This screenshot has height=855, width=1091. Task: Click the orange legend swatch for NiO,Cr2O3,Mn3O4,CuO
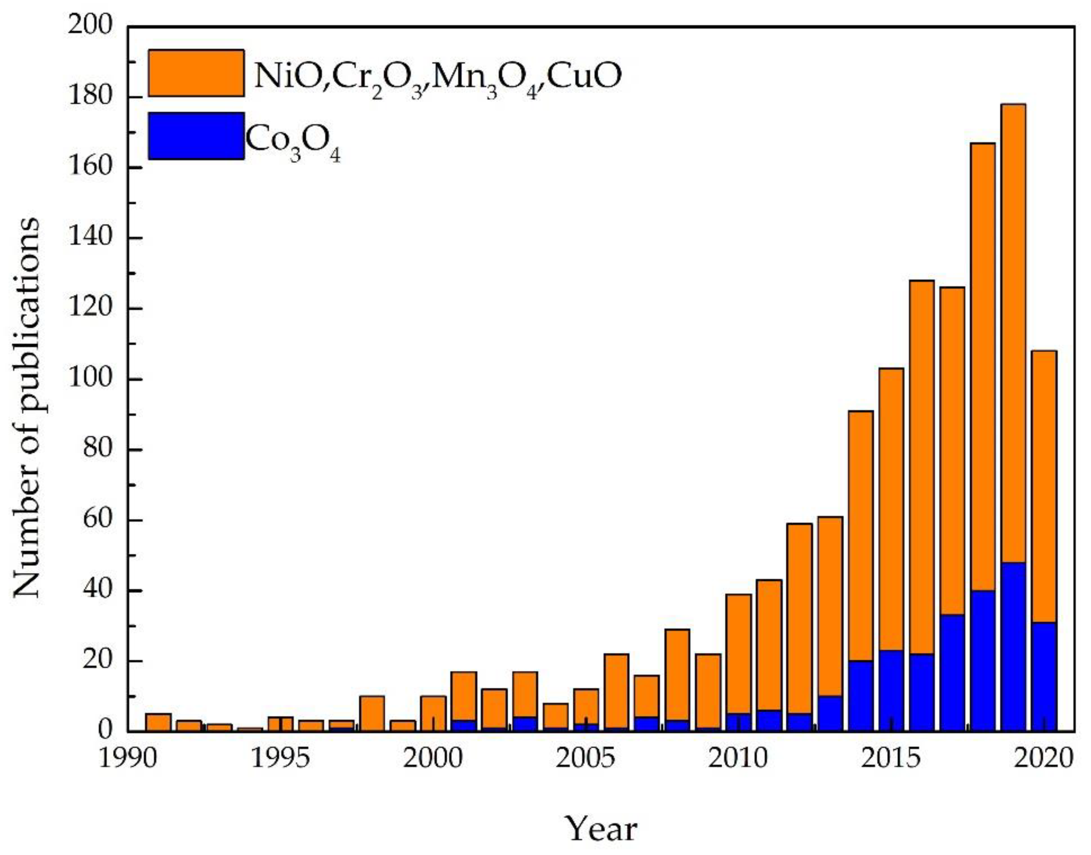pos(196,73)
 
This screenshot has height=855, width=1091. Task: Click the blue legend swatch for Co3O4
pos(196,136)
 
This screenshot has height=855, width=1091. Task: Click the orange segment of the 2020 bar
pos(1044,486)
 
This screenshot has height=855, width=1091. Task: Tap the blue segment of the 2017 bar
pos(952,673)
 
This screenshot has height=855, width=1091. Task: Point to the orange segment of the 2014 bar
pos(860,536)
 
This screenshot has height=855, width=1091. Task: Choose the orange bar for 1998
pos(372,713)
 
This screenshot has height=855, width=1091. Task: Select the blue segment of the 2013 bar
pos(829,713)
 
